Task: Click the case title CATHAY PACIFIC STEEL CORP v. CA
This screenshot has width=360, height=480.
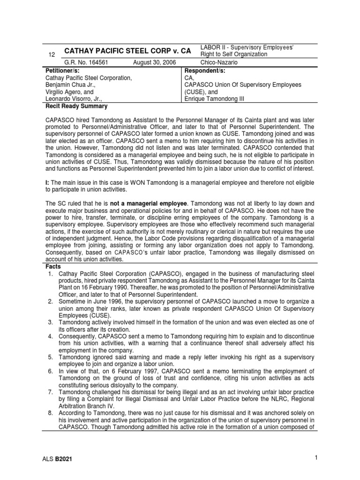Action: (x=127, y=51)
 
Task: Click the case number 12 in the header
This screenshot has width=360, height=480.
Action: (x=52, y=55)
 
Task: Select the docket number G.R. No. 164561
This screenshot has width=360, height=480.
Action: (x=87, y=62)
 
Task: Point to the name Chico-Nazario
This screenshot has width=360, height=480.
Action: (x=219, y=62)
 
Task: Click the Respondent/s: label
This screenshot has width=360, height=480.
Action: (x=206, y=70)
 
